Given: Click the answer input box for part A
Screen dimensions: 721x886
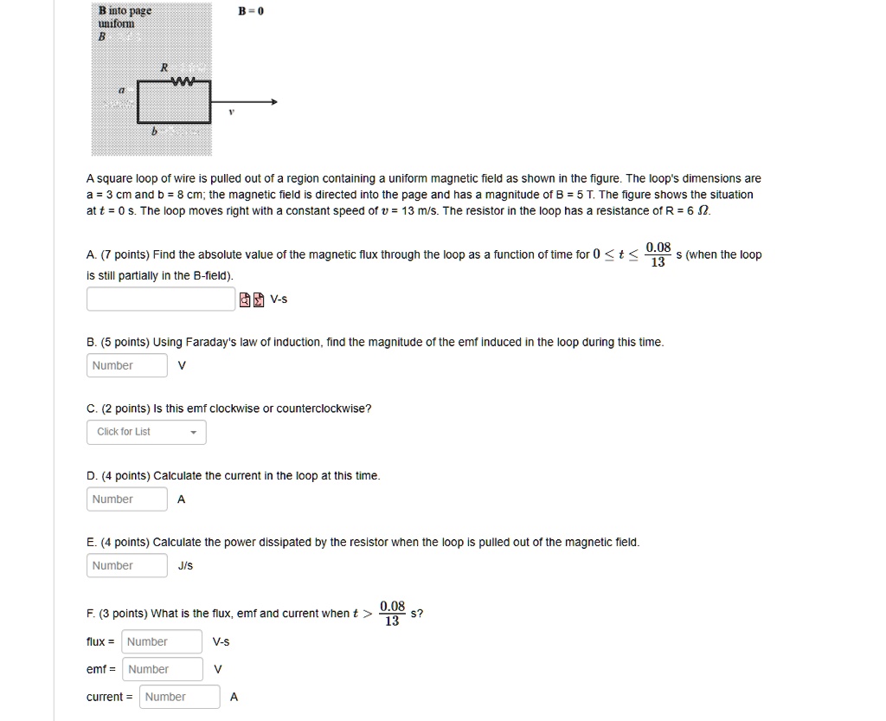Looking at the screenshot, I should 161,299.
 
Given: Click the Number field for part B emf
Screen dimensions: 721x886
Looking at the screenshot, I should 126,365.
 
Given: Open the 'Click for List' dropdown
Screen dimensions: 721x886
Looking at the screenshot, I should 146,432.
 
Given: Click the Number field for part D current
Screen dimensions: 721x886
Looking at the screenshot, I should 126,499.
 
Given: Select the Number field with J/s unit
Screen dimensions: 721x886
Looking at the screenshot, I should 126,566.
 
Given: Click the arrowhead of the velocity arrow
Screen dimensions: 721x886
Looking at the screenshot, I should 273,102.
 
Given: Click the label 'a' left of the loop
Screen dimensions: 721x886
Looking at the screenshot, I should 122,90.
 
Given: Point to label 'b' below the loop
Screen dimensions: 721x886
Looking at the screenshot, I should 154,132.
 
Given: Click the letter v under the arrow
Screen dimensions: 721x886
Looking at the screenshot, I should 231,113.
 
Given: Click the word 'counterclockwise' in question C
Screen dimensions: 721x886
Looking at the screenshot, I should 324,409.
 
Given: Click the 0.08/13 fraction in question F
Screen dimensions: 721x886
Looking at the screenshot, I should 392,614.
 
